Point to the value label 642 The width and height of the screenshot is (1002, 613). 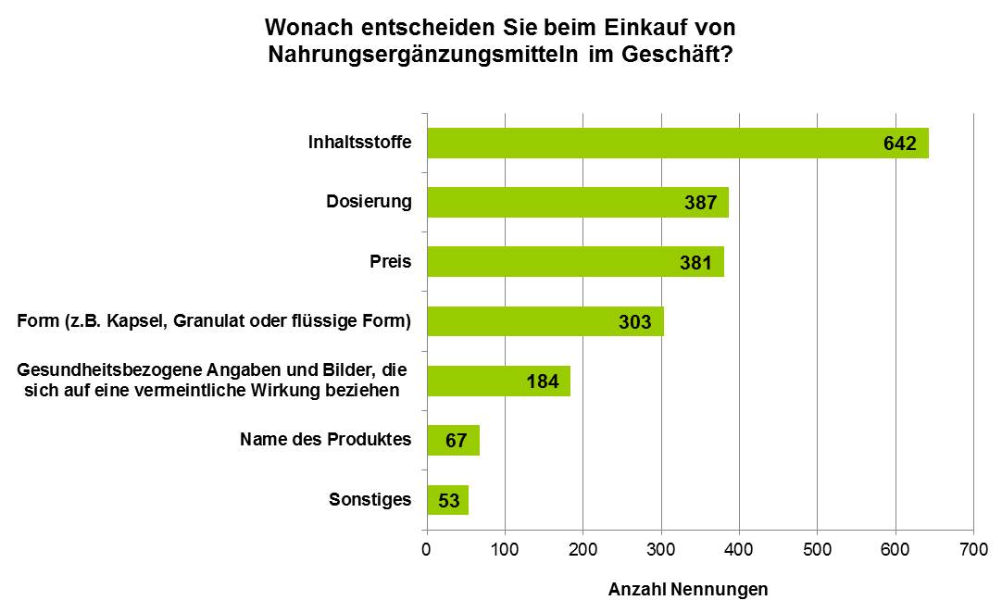(x=898, y=144)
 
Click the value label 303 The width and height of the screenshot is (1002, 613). (x=635, y=322)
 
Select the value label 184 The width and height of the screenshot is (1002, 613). (x=542, y=382)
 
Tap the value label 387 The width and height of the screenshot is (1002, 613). (x=700, y=203)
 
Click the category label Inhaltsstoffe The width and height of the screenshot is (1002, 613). (x=359, y=144)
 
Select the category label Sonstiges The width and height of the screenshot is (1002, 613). (x=369, y=500)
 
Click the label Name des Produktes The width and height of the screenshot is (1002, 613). (x=325, y=440)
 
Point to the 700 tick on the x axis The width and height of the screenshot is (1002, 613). (x=973, y=550)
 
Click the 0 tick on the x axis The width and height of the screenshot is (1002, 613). (x=427, y=550)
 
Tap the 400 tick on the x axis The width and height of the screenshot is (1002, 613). (x=739, y=550)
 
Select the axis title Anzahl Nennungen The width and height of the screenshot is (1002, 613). (x=687, y=589)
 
